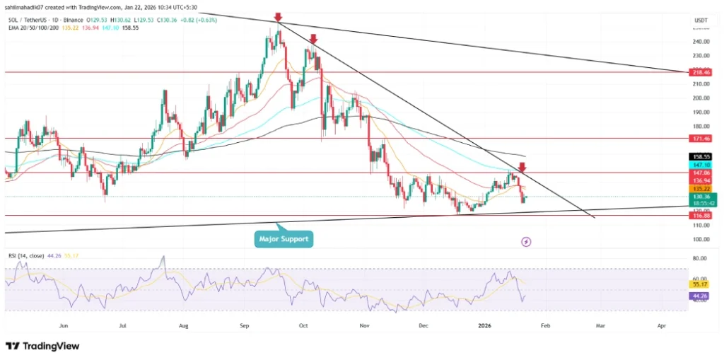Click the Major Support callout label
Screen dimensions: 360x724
pos(284,239)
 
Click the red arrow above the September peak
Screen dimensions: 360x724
pos(279,16)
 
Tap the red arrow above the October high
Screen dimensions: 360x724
pos(313,40)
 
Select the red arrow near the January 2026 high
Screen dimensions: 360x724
pos(522,167)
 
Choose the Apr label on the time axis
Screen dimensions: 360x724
pos(661,326)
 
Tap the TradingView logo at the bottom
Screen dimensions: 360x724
pos(42,346)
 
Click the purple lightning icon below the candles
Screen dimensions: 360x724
pos(526,242)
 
